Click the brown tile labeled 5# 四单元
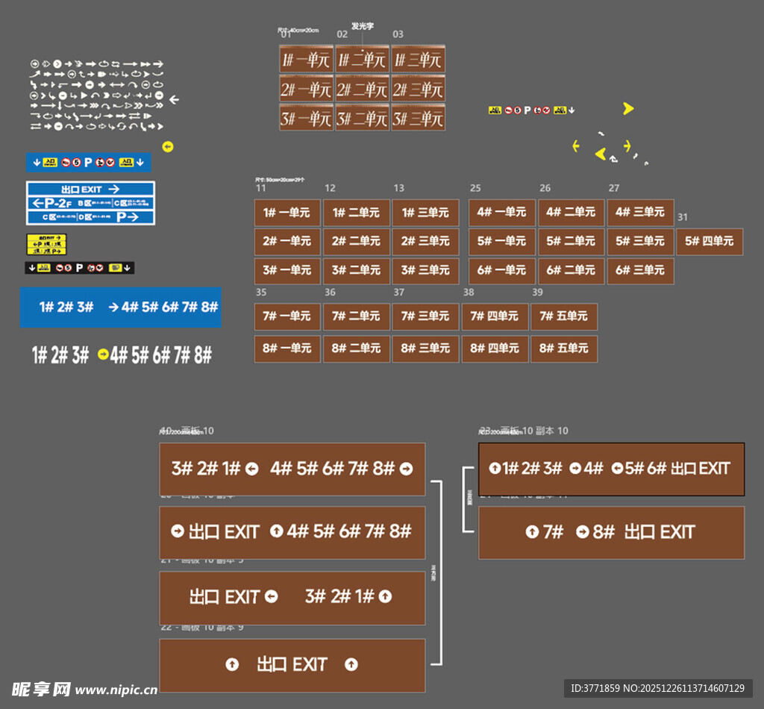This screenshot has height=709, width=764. point(710,242)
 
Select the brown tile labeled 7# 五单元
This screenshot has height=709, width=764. point(564,316)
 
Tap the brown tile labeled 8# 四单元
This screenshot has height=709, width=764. point(495,349)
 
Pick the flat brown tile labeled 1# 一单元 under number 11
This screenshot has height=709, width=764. point(287,213)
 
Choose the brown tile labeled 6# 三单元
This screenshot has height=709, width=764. point(640,270)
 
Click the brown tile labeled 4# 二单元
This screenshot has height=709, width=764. point(571,213)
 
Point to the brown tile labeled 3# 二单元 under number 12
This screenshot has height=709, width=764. point(357,270)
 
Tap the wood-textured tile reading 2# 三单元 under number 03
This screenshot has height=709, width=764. point(418,90)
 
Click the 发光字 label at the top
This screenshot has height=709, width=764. point(363,26)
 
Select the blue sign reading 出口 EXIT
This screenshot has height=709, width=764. point(90,190)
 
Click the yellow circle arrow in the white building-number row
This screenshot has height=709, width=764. point(103,355)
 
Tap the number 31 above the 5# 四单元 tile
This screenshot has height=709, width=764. point(683,217)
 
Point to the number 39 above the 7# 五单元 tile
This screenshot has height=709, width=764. point(537,293)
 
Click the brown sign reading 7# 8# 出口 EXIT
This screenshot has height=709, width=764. point(611,532)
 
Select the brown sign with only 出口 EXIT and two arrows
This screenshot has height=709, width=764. point(292,665)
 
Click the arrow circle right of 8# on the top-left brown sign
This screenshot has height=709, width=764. point(406,469)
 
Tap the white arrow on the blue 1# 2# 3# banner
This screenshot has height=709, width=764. point(113,307)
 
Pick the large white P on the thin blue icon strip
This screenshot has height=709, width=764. point(87,162)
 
